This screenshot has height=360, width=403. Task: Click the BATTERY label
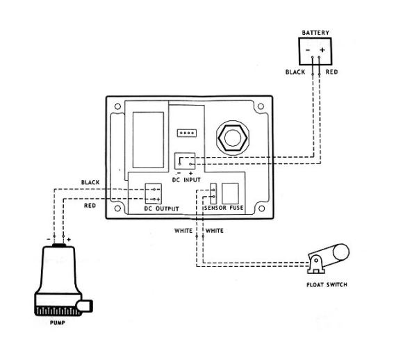315,33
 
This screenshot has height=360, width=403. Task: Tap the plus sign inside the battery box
322,49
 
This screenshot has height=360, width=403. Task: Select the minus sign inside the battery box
308,50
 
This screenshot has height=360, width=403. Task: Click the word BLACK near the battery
295,72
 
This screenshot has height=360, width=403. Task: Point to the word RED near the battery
331,72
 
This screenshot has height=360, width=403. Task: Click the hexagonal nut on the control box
233,138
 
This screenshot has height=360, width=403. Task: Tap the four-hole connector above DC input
187,133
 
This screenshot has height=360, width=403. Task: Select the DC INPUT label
186,180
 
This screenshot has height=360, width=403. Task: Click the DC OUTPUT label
161,208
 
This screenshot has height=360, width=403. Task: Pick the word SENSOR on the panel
215,208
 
